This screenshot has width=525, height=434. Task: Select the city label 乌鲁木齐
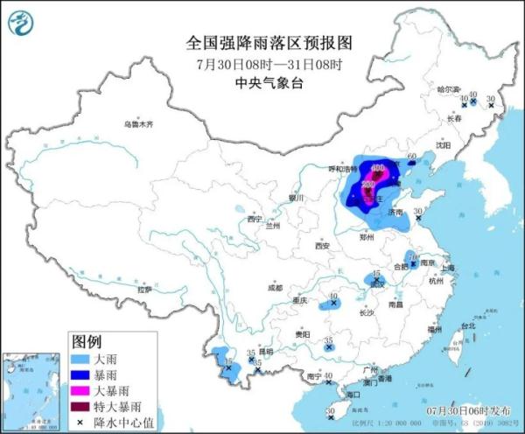(x=138, y=124)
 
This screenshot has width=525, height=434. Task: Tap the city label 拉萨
(x=145, y=288)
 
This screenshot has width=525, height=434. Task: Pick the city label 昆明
(x=267, y=351)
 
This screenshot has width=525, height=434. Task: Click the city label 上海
(x=448, y=268)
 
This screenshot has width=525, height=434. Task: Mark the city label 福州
(x=434, y=329)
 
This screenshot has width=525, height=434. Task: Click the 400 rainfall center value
(x=378, y=167)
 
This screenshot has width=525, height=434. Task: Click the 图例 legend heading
(x=87, y=340)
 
